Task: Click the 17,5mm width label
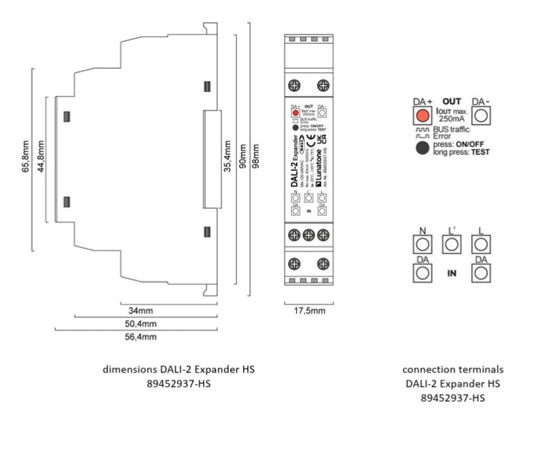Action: pyautogui.click(x=309, y=311)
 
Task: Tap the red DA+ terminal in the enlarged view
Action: pyautogui.click(x=422, y=118)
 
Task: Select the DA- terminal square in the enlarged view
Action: pyautogui.click(x=479, y=118)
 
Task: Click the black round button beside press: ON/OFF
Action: pyautogui.click(x=422, y=148)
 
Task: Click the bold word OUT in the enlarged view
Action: pyautogui.click(x=452, y=101)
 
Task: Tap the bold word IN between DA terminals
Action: pyautogui.click(x=452, y=273)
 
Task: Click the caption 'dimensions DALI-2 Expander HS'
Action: pyautogui.click(x=179, y=369)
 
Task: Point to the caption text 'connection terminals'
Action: pyautogui.click(x=452, y=369)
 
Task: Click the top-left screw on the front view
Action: pyautogui.click(x=293, y=86)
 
